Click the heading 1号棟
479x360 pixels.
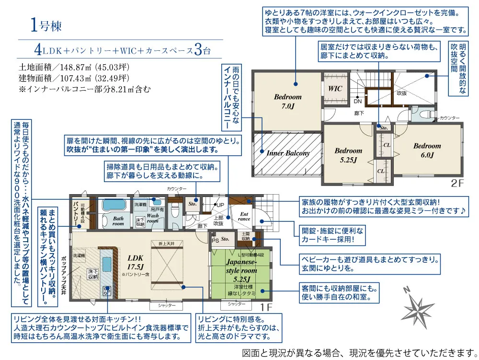[46, 25]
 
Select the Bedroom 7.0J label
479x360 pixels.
[287, 101]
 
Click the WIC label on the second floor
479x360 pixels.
[335, 89]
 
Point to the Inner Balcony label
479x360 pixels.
[288, 153]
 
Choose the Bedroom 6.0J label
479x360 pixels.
[427, 150]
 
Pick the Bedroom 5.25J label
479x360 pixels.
[348, 155]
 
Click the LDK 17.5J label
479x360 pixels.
[136, 261]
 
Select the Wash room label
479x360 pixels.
[153, 219]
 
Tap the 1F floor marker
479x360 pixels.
[266, 305]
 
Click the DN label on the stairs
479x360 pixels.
[357, 102]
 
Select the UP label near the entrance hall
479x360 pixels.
[220, 205]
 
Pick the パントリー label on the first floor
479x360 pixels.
[77, 213]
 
